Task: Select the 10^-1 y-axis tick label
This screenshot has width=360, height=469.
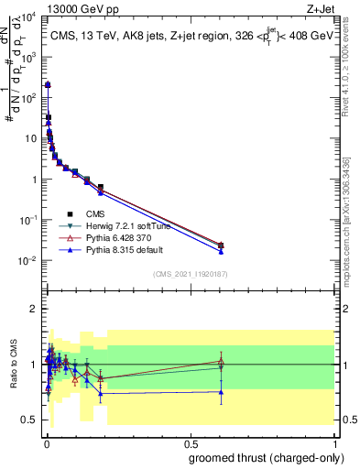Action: click(x=29, y=220)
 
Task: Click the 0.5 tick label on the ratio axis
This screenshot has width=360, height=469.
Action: click(x=30, y=420)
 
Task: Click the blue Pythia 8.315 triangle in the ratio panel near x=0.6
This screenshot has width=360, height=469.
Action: click(x=221, y=391)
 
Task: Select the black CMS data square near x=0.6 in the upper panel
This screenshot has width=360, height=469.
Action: click(x=221, y=245)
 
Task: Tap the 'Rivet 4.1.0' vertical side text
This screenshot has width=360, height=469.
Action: click(x=351, y=73)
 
